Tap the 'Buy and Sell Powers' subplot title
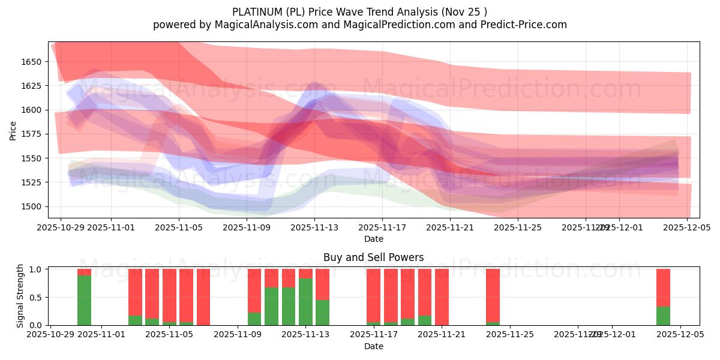(x=373, y=257)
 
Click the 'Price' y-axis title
(x=13, y=130)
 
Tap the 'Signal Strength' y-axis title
(x=20, y=296)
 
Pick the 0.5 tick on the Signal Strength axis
(x=35, y=298)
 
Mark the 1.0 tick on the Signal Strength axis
(x=35, y=269)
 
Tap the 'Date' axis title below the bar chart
(x=373, y=346)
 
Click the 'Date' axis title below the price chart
(x=373, y=239)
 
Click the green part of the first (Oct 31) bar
(x=84, y=300)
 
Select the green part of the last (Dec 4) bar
(x=663, y=316)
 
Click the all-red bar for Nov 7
(x=203, y=297)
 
